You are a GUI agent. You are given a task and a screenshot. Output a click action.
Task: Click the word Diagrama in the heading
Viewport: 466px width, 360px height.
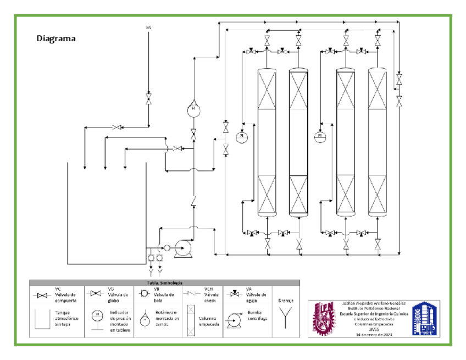(x=56, y=38)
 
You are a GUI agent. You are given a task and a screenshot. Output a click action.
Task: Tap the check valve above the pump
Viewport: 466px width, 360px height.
(x=193, y=202)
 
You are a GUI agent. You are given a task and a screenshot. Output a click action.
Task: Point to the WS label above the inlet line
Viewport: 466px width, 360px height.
(x=148, y=26)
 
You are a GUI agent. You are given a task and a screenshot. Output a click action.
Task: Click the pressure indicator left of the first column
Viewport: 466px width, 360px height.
(x=242, y=135)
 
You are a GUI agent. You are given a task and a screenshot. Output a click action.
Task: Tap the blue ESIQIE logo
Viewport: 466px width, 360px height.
(x=426, y=318)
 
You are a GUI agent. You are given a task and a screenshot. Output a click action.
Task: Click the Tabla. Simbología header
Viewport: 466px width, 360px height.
(x=164, y=283)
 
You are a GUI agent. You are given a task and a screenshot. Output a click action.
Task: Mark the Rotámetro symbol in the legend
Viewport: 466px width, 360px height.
(x=143, y=319)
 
